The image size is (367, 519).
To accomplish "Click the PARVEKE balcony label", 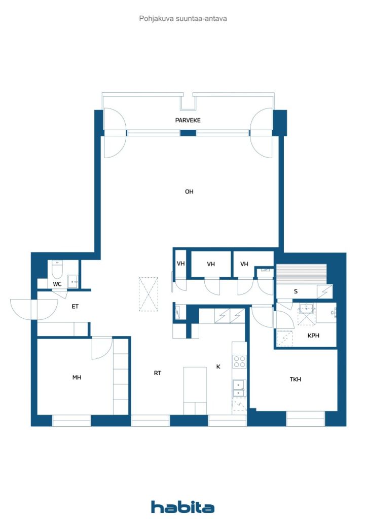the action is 188,120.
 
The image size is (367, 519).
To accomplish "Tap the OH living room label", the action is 189,192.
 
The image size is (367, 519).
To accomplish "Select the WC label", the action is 57,284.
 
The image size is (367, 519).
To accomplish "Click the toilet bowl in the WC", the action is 57,270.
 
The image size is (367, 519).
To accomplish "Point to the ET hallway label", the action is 75,307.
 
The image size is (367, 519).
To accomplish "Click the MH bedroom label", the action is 77,377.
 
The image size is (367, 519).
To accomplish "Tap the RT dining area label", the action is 158,373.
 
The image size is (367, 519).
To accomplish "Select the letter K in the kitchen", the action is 218,366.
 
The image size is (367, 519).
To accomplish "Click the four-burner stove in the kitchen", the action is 239,361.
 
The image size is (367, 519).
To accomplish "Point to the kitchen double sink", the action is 239,388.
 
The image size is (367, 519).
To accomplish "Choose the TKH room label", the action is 296,379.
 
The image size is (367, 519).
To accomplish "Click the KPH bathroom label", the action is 313,336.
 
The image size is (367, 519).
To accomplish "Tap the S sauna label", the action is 296,291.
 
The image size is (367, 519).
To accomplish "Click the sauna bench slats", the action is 301,274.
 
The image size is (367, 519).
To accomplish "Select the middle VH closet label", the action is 211,264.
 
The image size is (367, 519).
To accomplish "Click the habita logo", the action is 182,507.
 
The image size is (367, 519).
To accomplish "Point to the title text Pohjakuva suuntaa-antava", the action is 183,19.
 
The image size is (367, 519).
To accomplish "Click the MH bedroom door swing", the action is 102,348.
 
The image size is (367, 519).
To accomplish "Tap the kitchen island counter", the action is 195,391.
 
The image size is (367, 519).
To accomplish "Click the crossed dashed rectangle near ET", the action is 148,294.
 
